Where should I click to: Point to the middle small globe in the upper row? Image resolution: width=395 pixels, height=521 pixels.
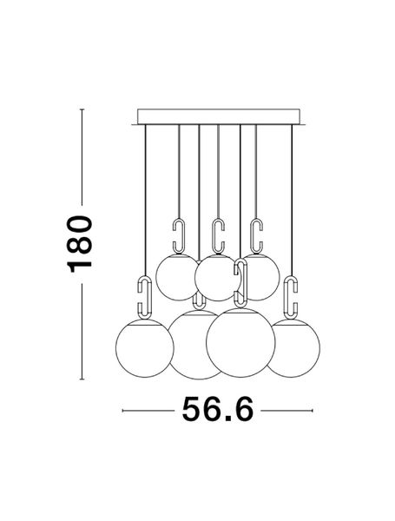[x=216, y=279]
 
